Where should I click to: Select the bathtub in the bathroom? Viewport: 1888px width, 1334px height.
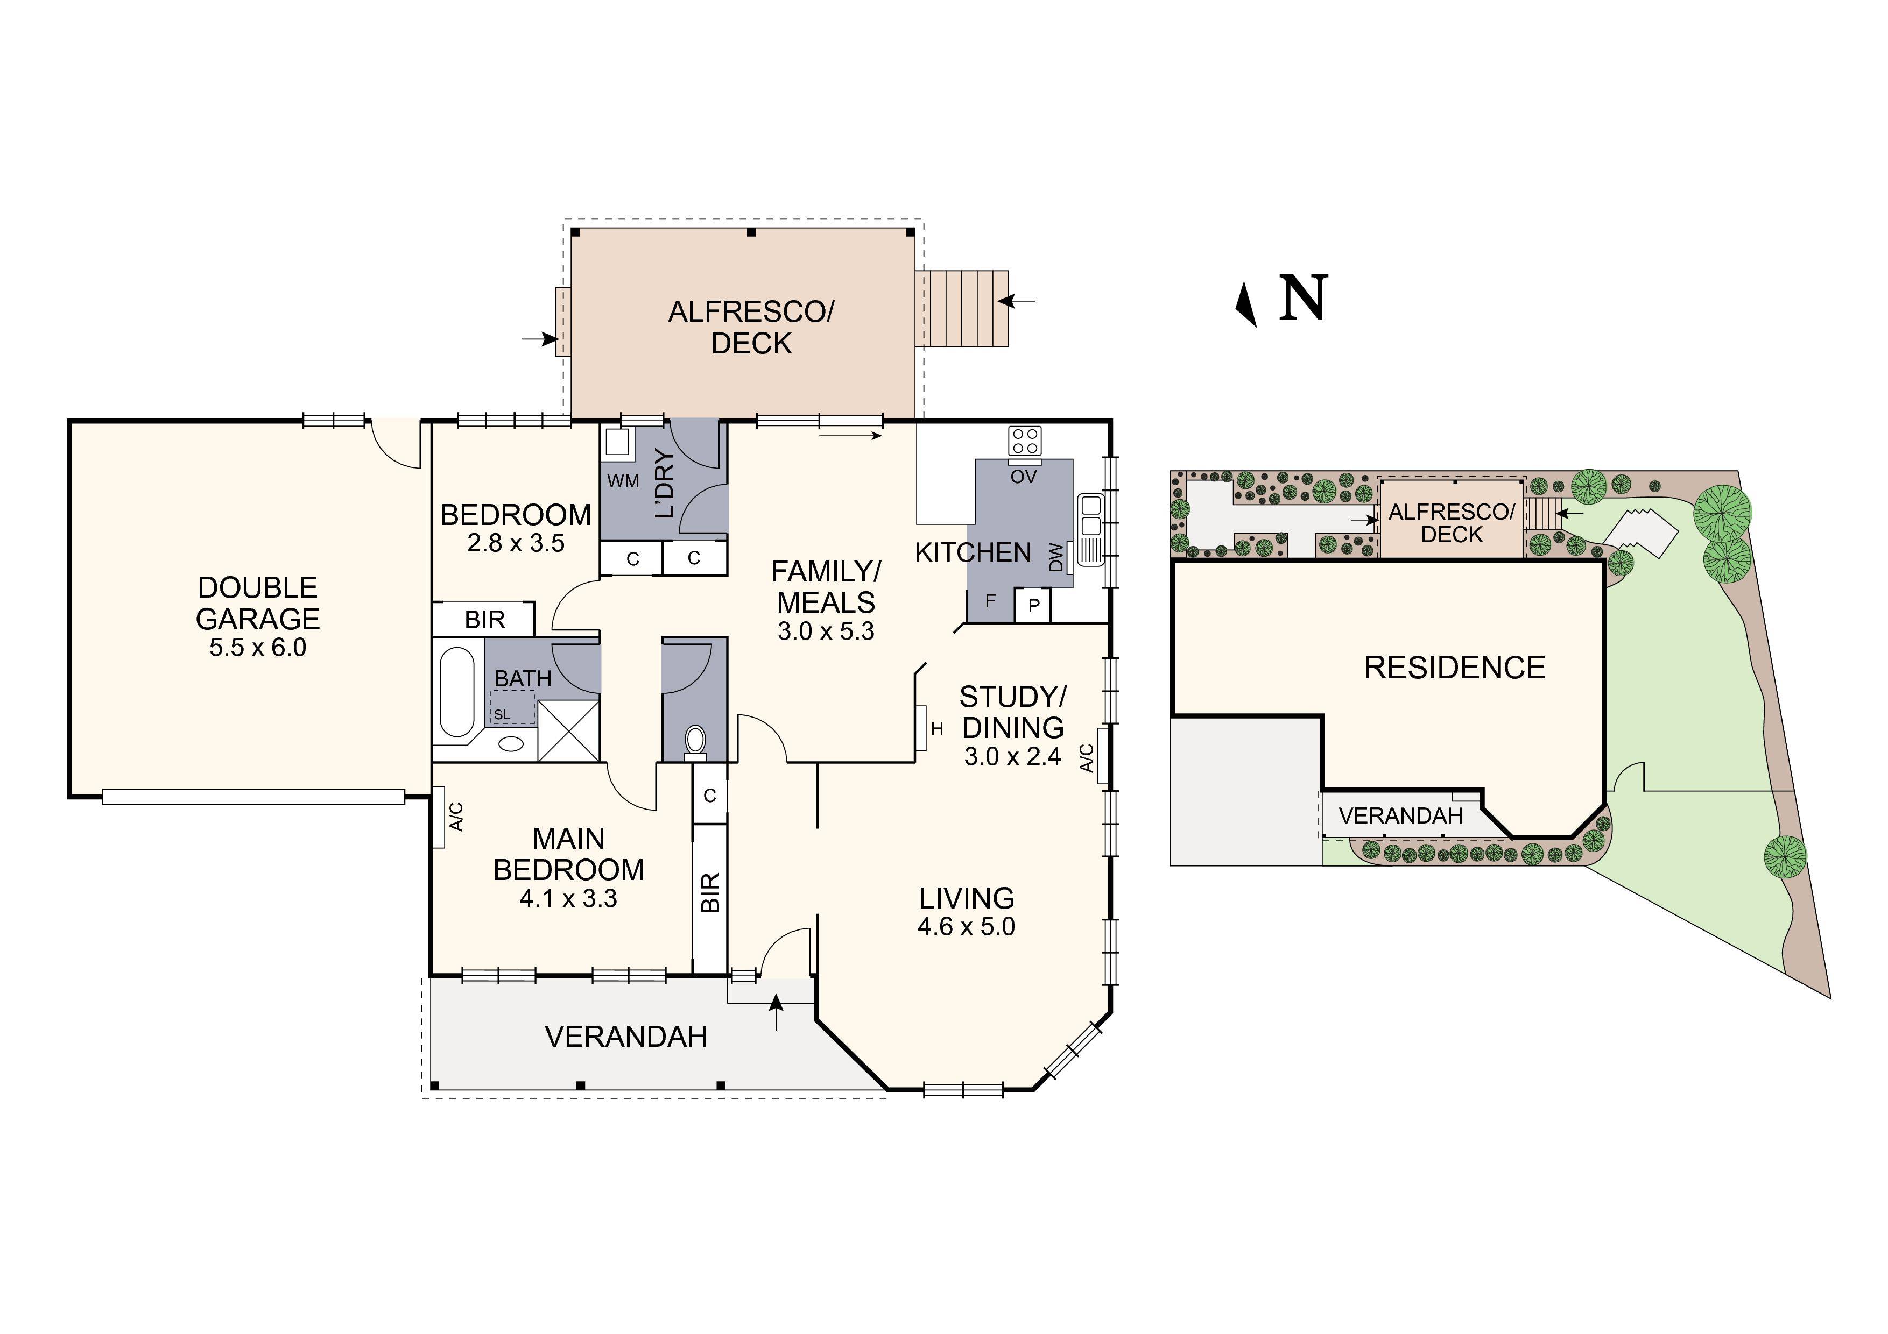tap(457, 693)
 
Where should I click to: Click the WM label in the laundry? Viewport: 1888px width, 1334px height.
tap(623, 481)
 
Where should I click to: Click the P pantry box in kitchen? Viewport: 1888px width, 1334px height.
tap(1034, 606)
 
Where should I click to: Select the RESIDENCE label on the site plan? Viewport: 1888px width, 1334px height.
tap(1454, 668)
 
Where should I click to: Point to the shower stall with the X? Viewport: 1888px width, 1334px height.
tap(568, 730)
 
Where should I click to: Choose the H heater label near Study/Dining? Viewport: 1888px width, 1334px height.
tap(936, 729)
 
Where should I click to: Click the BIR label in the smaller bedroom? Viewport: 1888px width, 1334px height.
tap(484, 620)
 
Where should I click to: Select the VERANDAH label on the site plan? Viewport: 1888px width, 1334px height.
tap(1400, 816)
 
